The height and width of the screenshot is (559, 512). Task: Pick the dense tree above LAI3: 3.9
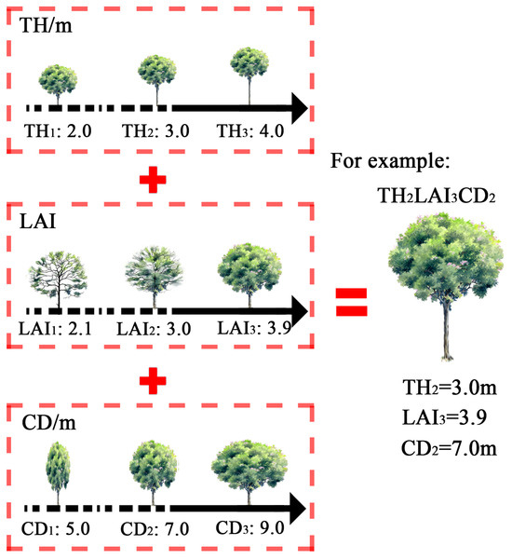(249, 267)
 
